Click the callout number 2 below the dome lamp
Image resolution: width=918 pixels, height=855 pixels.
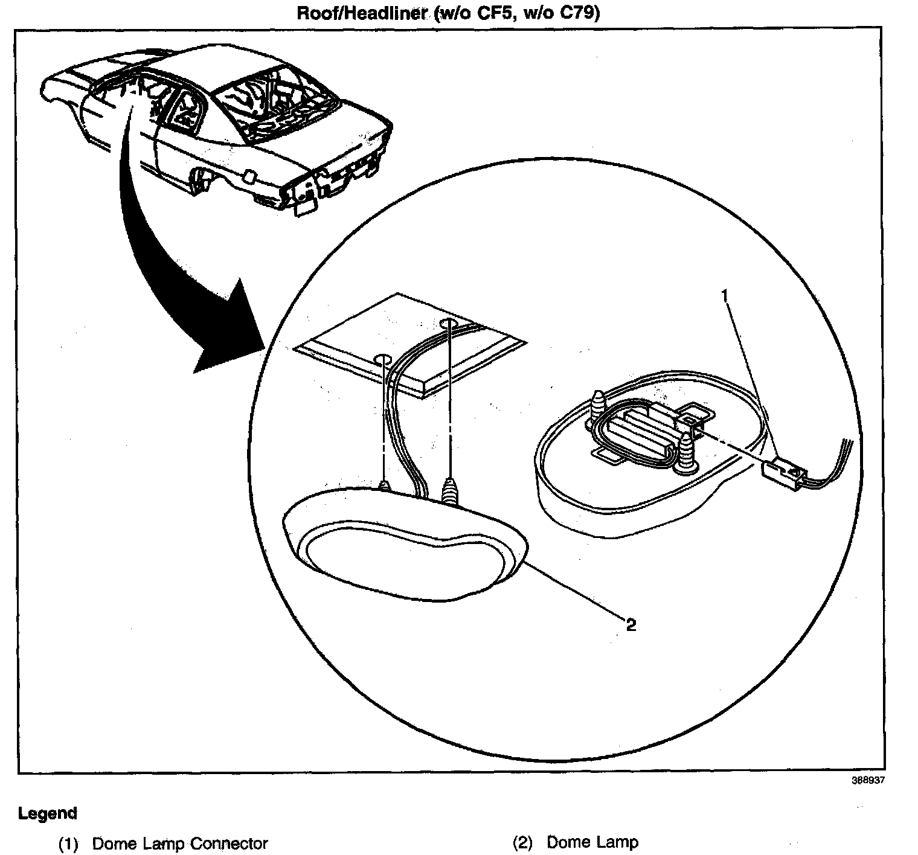click(631, 624)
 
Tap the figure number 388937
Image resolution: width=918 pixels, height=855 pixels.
click(868, 780)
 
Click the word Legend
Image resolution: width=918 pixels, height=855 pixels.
click(48, 813)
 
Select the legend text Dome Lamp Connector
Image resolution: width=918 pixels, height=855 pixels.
click(179, 843)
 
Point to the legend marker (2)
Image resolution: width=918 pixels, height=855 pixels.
click(523, 843)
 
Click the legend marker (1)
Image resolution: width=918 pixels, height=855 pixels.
click(68, 844)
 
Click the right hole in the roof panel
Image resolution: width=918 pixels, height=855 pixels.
click(449, 324)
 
